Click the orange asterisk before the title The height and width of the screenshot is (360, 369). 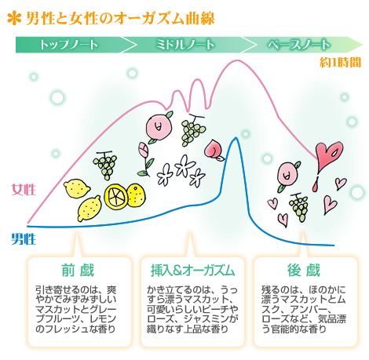click(14, 19)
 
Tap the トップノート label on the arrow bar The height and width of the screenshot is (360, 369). click(69, 45)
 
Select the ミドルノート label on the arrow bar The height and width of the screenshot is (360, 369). click(185, 45)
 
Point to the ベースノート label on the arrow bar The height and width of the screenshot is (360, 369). click(298, 45)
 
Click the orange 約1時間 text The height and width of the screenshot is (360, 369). click(340, 63)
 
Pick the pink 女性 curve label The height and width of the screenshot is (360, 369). click(24, 190)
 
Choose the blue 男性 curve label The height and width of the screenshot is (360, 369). click(24, 239)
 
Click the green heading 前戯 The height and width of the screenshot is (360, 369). click(78, 270)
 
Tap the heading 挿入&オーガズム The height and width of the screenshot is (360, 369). click(192, 270)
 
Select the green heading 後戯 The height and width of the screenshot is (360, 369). click(304, 270)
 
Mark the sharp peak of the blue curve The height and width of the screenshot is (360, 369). click(236, 138)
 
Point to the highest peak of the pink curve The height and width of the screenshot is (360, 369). click(237, 60)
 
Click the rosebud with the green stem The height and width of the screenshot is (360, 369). click(144, 159)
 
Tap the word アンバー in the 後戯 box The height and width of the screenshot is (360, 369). click(308, 309)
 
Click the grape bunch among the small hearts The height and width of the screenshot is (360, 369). click(298, 207)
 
